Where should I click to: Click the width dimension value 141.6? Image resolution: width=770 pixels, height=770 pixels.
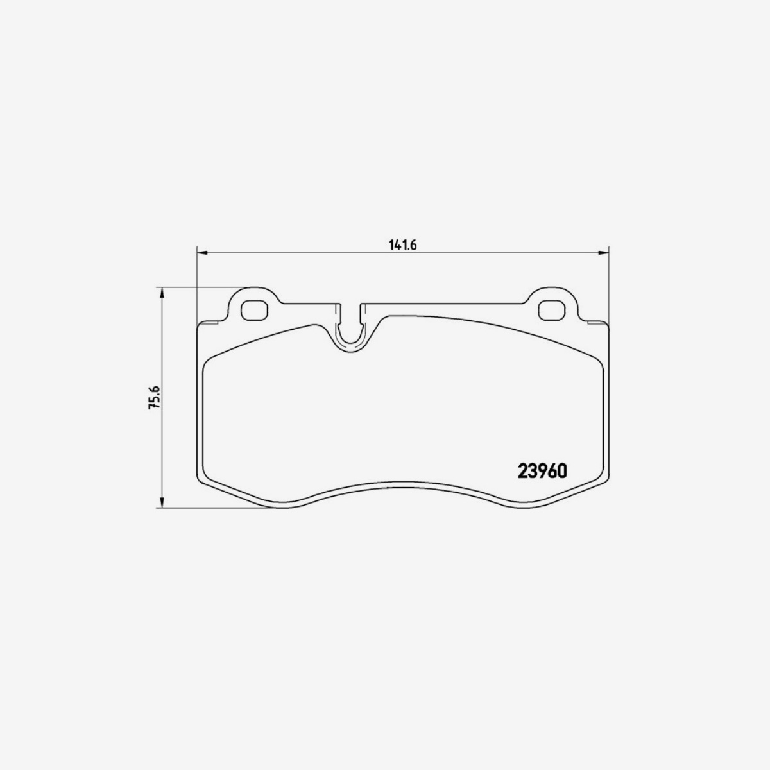[403, 245]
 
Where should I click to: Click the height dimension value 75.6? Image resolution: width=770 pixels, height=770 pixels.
[154, 397]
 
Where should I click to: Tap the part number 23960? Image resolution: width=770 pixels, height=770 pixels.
[542, 472]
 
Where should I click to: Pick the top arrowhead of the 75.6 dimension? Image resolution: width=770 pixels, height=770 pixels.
[162, 294]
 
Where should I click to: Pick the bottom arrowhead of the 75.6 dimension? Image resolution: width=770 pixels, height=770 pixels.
[162, 502]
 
